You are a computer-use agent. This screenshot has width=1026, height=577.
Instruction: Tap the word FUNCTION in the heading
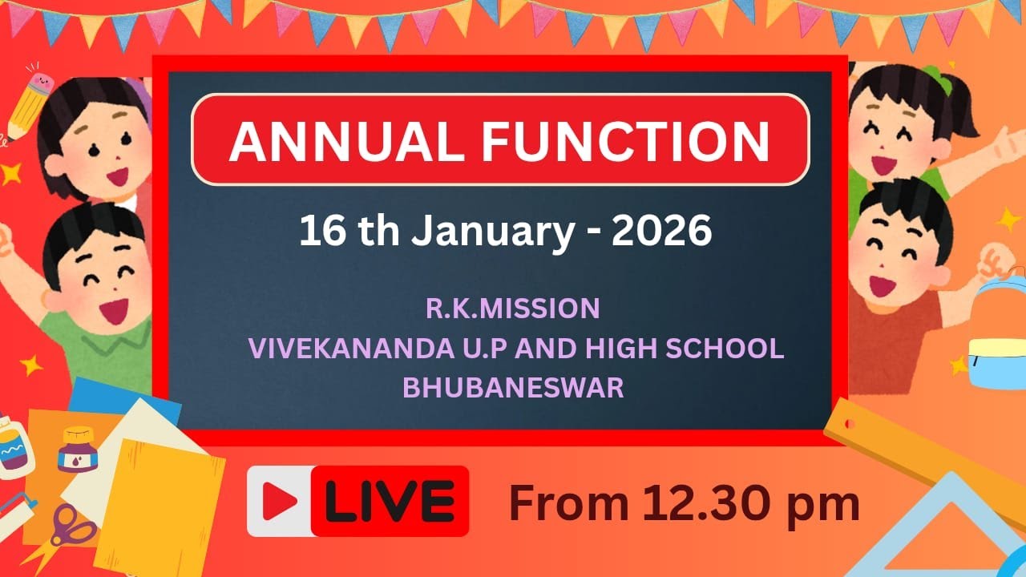tap(625, 140)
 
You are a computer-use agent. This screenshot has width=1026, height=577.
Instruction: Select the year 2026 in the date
tap(661, 231)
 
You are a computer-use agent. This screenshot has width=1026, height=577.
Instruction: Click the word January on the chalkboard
tap(493, 231)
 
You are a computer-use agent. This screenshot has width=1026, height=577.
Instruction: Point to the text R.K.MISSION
tap(512, 308)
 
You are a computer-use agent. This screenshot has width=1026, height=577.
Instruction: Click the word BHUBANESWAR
tap(513, 388)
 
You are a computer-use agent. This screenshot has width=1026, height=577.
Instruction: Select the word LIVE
tap(390, 502)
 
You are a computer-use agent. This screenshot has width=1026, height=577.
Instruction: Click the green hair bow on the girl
tap(935, 81)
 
